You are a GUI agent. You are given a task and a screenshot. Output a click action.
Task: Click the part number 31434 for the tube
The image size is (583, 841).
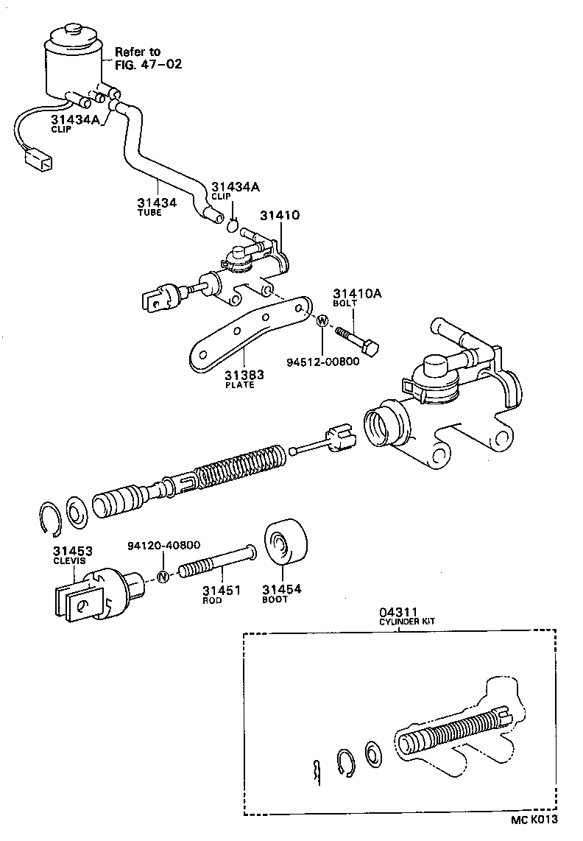click(157, 202)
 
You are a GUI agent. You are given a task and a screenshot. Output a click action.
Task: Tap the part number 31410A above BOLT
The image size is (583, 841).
click(357, 292)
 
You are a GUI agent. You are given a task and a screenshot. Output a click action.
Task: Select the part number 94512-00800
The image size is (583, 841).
click(325, 362)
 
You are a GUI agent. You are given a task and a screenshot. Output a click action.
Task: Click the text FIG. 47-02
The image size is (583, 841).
click(148, 64)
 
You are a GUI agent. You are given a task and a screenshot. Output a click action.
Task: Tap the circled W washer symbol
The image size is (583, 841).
click(322, 321)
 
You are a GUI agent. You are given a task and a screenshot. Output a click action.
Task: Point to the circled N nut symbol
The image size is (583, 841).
click(164, 577)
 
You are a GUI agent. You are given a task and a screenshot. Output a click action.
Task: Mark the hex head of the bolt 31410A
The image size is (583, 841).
click(372, 346)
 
